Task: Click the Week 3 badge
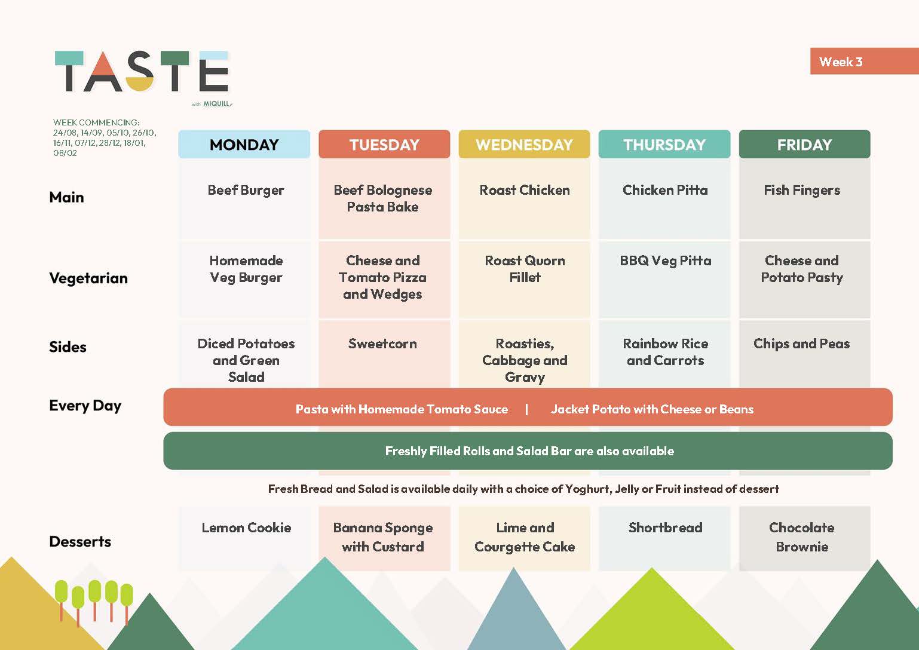point(864,61)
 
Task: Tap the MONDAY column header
point(244,145)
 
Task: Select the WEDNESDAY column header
point(524,145)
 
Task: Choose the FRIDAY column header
point(804,145)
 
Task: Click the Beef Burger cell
point(246,191)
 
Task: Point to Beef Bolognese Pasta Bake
point(383,198)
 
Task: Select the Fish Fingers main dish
point(802,191)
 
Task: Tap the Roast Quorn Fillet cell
point(525,269)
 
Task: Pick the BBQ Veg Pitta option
point(666,261)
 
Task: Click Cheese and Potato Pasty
point(802,269)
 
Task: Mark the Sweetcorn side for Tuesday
point(383,344)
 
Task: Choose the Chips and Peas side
point(802,344)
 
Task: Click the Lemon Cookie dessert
point(246,528)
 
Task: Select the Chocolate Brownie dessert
point(802,537)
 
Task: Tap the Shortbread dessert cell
point(666,528)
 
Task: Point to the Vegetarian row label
point(88,278)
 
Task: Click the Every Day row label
point(85,406)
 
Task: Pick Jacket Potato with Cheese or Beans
point(653,409)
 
